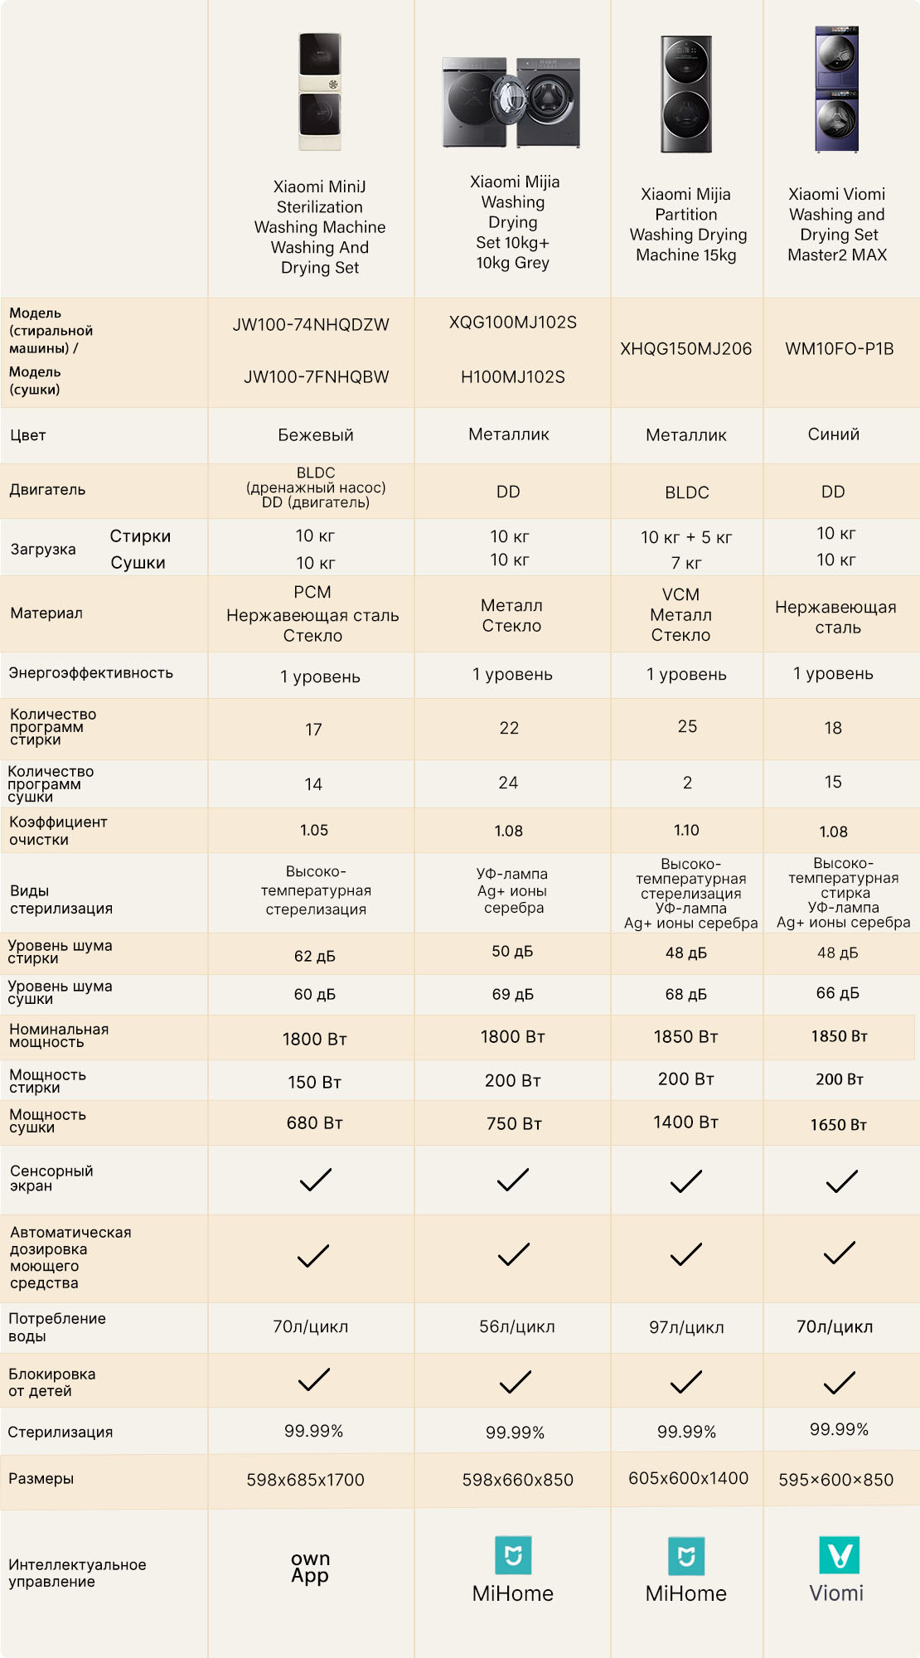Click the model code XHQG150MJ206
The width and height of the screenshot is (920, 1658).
pyautogui.click(x=686, y=349)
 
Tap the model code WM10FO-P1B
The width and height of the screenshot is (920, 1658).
pyautogui.click(x=840, y=349)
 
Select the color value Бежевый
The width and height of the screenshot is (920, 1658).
pyautogui.click(x=316, y=435)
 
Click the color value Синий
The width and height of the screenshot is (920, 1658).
pyautogui.click(x=834, y=434)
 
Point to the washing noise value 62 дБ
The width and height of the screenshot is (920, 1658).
pyautogui.click(x=315, y=956)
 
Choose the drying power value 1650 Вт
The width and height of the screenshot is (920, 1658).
pyautogui.click(x=839, y=1125)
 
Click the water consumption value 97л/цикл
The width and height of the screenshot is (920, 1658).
pyautogui.click(x=686, y=1327)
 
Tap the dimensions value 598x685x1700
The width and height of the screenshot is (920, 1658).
pyautogui.click(x=305, y=1480)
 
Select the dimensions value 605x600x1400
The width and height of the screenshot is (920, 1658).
pyautogui.click(x=688, y=1478)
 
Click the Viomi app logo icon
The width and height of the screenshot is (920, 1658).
pyautogui.click(x=840, y=1555)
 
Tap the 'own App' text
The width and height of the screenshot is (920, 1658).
pyautogui.click(x=310, y=1567)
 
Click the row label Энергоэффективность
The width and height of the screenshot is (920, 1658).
pyautogui.click(x=91, y=673)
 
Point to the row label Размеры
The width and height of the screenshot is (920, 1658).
pyautogui.click(x=41, y=1478)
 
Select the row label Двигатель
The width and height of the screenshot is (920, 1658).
pyautogui.click(x=47, y=490)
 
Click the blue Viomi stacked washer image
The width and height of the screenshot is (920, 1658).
pyautogui.click(x=836, y=89)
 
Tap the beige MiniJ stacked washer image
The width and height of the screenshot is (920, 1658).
pyautogui.click(x=320, y=91)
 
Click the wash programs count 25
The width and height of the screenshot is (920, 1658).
pyautogui.click(x=687, y=726)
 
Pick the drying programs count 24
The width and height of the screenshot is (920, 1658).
pyautogui.click(x=508, y=783)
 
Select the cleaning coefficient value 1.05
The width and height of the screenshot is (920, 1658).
pyautogui.click(x=314, y=830)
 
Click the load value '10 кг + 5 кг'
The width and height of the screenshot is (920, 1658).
pyautogui.click(x=686, y=537)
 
